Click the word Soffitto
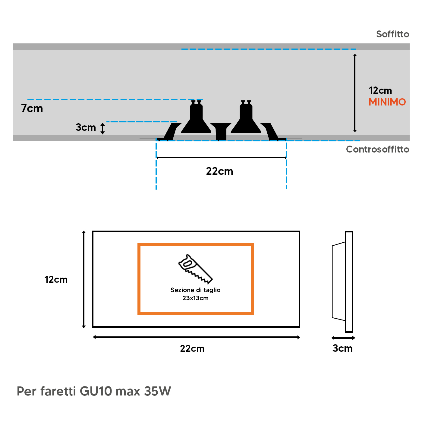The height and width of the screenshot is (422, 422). (392, 34)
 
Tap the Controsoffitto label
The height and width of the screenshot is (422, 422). (377, 149)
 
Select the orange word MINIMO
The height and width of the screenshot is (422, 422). (387, 102)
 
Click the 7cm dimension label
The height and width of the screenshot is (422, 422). (32, 108)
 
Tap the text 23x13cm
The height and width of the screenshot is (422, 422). (195, 298)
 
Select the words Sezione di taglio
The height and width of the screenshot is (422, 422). (195, 290)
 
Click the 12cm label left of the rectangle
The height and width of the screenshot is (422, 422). (56, 280)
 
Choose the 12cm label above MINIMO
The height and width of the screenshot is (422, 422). (380, 90)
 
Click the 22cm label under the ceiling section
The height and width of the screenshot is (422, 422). (219, 171)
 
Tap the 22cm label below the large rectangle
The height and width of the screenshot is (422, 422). (192, 348)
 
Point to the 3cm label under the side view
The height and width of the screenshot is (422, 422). (342, 348)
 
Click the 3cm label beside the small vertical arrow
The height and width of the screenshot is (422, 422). (86, 127)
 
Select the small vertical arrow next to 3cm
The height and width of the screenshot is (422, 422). (102, 128)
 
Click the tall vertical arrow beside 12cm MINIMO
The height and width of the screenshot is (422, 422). (355, 93)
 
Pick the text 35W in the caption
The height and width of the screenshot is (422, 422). (157, 391)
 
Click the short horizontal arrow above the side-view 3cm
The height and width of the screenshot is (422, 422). (343, 338)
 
